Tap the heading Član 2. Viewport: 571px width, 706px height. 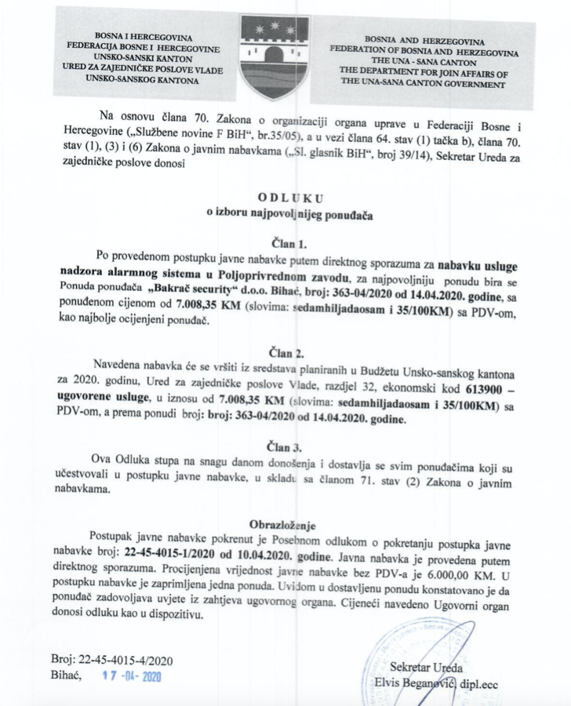(285, 350)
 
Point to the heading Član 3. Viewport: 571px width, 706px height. (285, 448)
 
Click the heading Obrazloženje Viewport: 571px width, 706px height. (285, 522)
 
